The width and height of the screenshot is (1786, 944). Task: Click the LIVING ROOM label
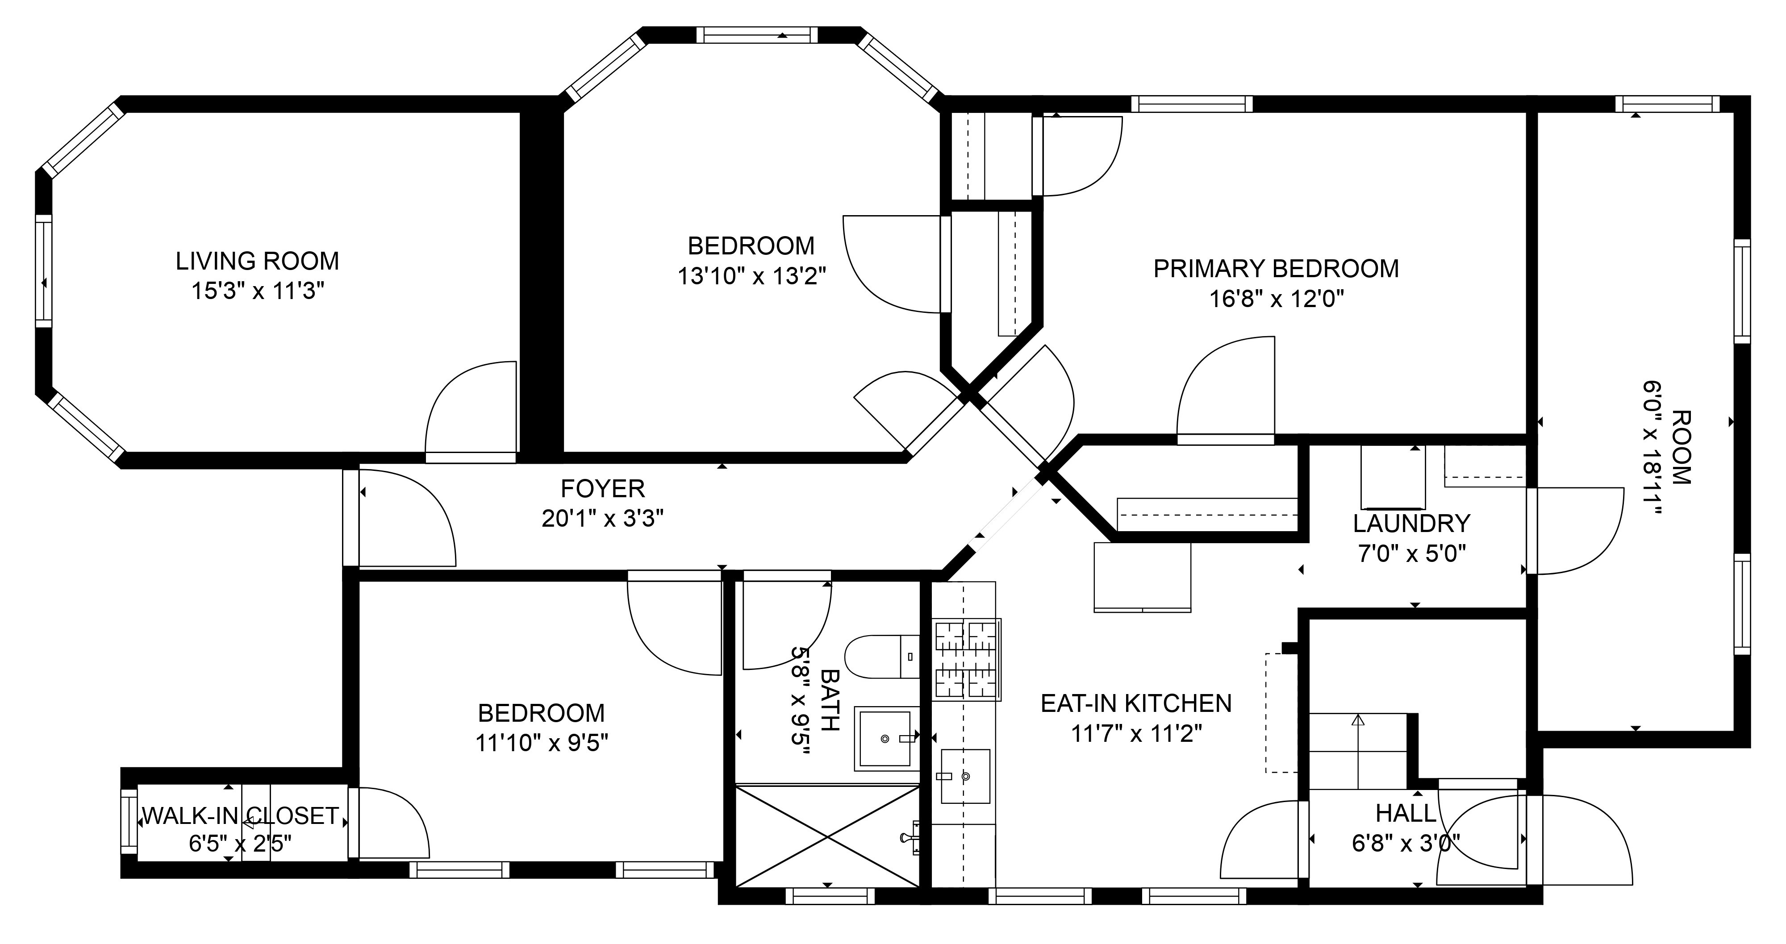(x=257, y=261)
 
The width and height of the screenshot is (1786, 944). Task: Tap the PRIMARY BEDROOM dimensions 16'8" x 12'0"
(x=1277, y=299)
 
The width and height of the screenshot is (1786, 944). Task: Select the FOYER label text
(x=602, y=489)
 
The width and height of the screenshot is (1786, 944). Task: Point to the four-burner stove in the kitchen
(x=967, y=658)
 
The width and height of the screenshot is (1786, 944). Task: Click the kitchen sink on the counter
(x=965, y=776)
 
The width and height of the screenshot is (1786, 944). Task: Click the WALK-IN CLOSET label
(x=240, y=816)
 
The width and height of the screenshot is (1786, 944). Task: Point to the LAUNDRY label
(x=1411, y=523)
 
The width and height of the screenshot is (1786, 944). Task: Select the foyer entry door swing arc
(x=416, y=513)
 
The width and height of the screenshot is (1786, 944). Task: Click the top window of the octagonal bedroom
(x=756, y=35)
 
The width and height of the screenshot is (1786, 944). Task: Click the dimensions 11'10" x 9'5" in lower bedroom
(x=542, y=743)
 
